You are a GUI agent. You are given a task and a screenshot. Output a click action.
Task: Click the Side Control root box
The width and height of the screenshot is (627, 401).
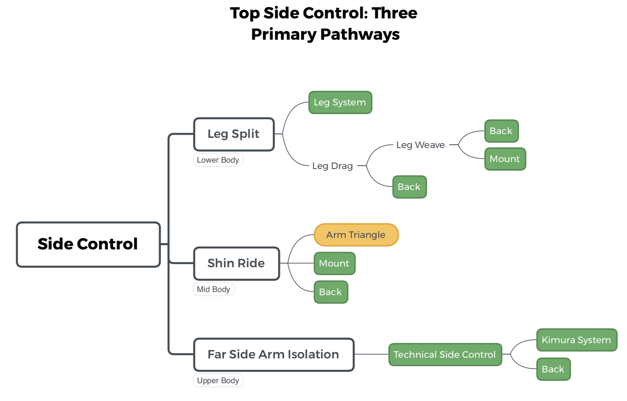tap(88, 244)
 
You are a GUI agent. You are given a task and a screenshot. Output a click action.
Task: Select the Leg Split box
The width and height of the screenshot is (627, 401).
tap(234, 134)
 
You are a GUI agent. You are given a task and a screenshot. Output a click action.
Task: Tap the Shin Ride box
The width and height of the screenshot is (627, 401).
tap(236, 263)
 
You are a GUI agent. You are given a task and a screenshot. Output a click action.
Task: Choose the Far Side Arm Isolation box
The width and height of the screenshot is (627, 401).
tap(273, 354)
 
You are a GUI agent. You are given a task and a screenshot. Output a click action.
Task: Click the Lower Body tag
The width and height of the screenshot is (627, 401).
tap(218, 160)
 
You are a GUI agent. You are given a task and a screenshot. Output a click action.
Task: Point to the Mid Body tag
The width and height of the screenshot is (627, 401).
tap(214, 289)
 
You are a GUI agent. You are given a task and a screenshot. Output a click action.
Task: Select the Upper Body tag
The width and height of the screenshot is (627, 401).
tap(218, 380)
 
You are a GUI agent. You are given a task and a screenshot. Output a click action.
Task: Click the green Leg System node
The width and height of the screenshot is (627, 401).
tap(340, 102)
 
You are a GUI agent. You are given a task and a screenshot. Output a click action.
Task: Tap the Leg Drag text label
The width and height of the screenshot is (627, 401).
tap(332, 166)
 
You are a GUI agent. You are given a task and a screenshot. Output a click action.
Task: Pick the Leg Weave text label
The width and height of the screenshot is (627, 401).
tap(420, 145)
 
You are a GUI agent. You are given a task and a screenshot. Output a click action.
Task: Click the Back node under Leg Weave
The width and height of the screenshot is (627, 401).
tap(501, 131)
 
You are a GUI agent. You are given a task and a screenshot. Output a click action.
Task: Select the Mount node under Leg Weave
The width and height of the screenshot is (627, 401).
tap(505, 159)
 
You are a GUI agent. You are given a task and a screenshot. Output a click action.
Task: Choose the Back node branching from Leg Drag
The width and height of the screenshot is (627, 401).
tap(409, 187)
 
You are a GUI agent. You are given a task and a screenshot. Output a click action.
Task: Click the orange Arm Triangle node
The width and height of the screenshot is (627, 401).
tap(356, 235)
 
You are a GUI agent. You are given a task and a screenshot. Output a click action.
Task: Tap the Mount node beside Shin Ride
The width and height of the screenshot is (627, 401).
tap(334, 263)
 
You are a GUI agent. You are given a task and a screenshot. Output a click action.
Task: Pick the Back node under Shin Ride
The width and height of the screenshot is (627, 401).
tap(331, 292)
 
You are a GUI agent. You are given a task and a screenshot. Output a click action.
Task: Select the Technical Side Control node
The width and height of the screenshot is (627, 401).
tap(445, 354)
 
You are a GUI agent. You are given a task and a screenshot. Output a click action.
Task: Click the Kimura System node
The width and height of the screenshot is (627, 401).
tap(576, 340)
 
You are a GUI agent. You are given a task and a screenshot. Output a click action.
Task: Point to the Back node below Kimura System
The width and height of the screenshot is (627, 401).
tap(553, 369)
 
